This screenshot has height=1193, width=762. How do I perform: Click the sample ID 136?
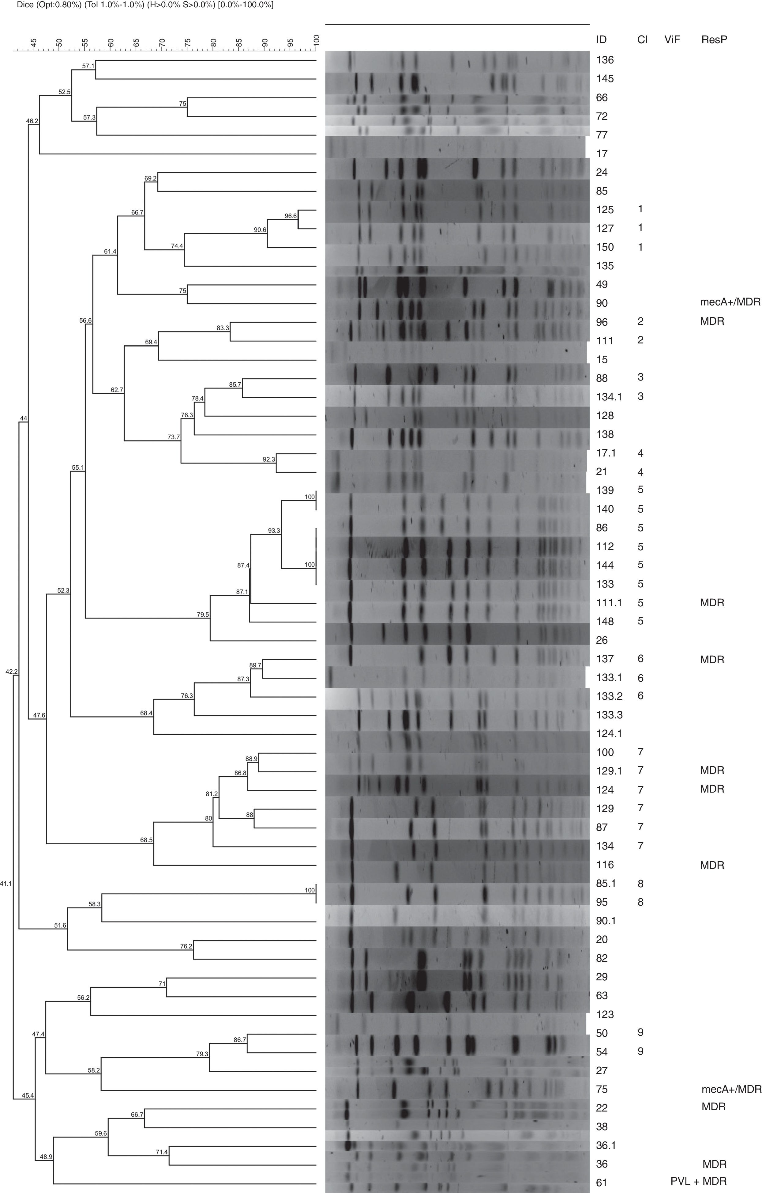(x=605, y=60)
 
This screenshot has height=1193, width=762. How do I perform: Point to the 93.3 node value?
(x=274, y=531)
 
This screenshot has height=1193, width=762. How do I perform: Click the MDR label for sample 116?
(x=712, y=865)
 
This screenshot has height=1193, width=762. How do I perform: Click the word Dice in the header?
(x=25, y=5)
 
